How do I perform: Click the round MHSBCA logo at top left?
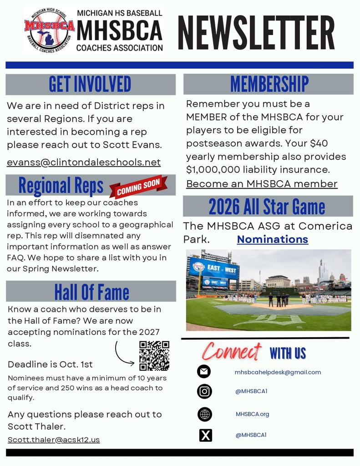pyautogui.click(x=49, y=30)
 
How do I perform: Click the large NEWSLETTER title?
pyautogui.click(x=256, y=33)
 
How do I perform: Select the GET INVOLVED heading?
pyautogui.click(x=90, y=84)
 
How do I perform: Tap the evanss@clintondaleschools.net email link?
pyautogui.click(x=84, y=162)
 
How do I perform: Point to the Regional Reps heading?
pyautogui.click(x=61, y=186)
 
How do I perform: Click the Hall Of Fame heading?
pyautogui.click(x=91, y=291)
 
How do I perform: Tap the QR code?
pyautogui.click(x=154, y=356)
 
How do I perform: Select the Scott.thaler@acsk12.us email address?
pyautogui.click(x=54, y=440)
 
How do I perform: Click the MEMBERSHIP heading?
pyautogui.click(x=269, y=84)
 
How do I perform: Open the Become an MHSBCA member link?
pyautogui.click(x=262, y=184)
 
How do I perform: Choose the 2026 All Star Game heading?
pyautogui.click(x=267, y=207)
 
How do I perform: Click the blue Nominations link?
pyautogui.click(x=273, y=239)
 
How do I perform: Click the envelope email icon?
pyautogui.click(x=204, y=372)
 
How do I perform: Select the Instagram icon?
pyautogui.click(x=204, y=391)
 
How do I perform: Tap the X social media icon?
pyautogui.click(x=206, y=436)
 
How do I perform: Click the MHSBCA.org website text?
pyautogui.click(x=253, y=414)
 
